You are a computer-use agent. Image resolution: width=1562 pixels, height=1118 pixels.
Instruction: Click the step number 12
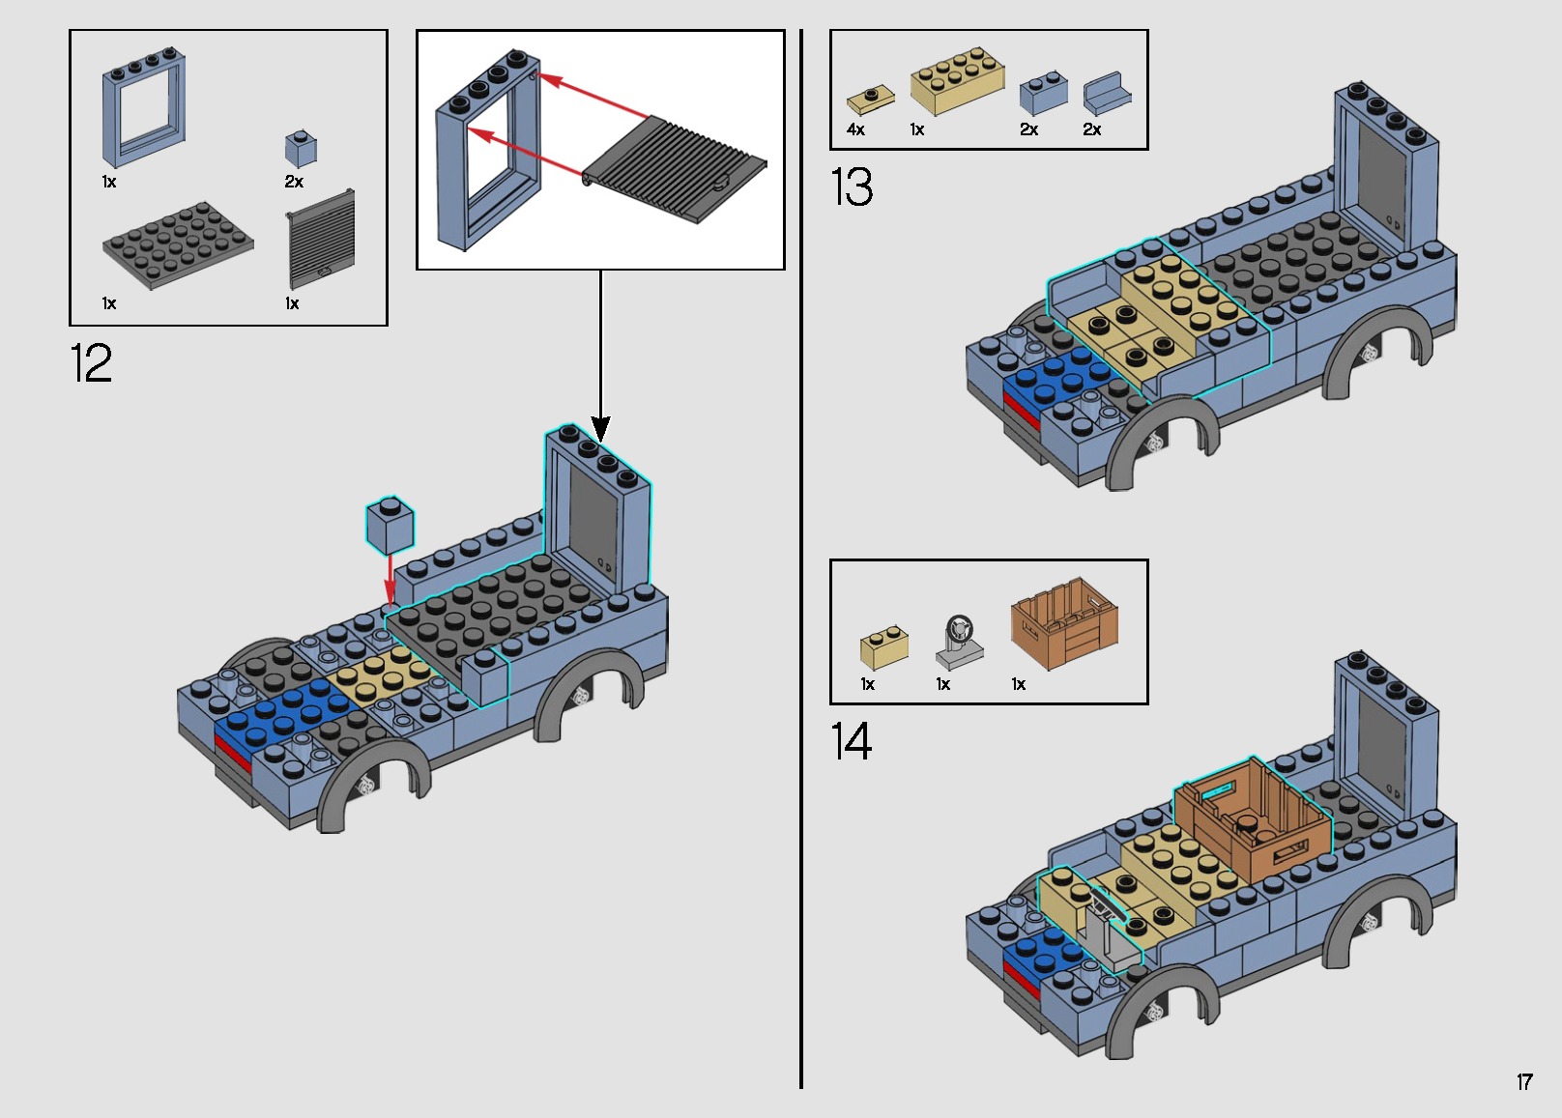coord(91,364)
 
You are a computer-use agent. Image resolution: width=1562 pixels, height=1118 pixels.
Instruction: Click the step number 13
coord(851,187)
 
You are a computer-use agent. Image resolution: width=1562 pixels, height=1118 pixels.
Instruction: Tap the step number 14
coord(851,742)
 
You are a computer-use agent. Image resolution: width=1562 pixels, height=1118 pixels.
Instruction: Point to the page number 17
coord(1524,1082)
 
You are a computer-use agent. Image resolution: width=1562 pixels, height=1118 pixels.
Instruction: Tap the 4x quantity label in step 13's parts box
coord(855,129)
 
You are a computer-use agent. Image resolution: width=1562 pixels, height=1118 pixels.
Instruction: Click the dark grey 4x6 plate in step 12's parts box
coord(178,244)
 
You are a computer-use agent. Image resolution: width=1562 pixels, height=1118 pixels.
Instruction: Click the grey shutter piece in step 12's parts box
coord(321,239)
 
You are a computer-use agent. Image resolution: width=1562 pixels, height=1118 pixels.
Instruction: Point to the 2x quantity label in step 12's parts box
coord(294,182)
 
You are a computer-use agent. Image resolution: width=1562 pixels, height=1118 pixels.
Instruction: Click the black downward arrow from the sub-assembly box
coord(600,358)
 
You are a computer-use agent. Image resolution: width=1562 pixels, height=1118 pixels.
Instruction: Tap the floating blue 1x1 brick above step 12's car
coord(390,526)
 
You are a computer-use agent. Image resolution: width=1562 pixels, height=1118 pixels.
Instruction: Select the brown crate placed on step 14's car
coord(1253,821)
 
